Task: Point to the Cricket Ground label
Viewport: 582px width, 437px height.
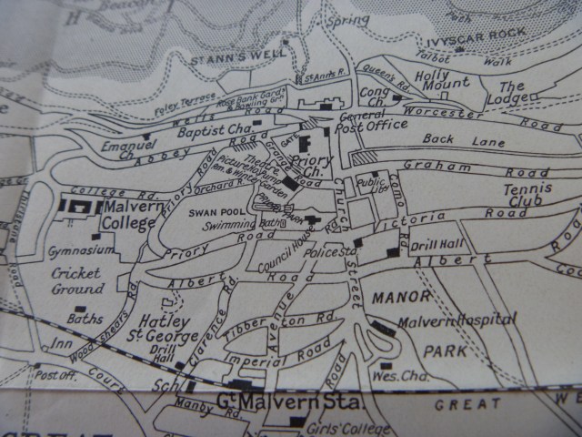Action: coord(77,281)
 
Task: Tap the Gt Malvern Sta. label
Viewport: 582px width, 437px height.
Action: coord(266,401)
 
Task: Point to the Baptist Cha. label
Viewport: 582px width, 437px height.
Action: coord(206,130)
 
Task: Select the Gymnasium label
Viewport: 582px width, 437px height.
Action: coord(82,249)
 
